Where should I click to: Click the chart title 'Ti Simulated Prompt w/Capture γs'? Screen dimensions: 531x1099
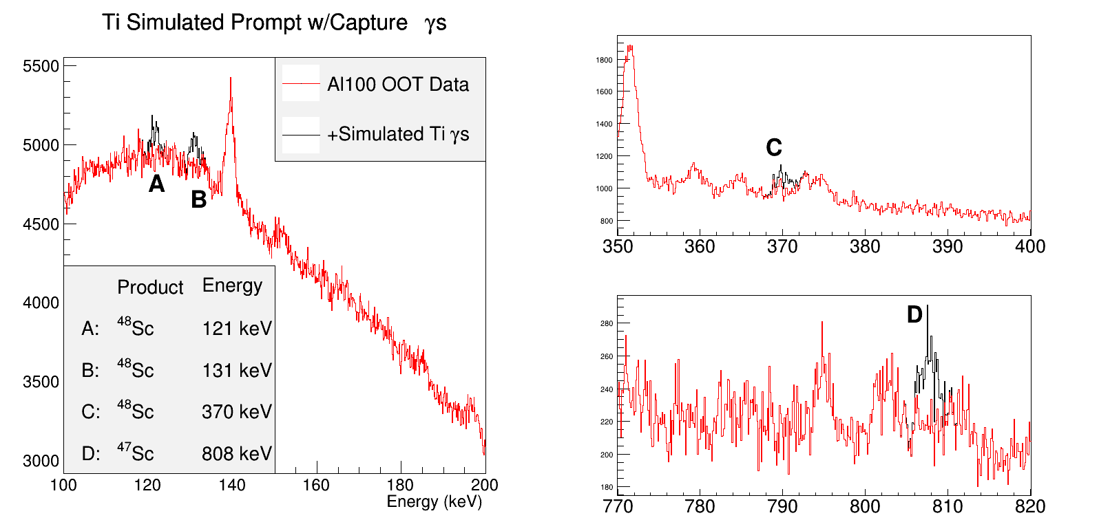tap(274, 23)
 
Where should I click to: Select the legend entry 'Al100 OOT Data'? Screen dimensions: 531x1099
tap(397, 85)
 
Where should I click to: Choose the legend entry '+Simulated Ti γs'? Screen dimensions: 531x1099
tap(397, 134)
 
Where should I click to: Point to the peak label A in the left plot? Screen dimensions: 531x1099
tap(157, 184)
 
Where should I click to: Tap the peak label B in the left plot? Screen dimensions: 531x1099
tap(198, 199)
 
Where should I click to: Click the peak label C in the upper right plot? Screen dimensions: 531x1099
tap(774, 147)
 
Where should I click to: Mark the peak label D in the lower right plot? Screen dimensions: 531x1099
tap(914, 314)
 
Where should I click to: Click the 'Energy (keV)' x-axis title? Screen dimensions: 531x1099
tap(434, 501)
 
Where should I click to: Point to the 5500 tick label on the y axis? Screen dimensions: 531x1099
tap(41, 66)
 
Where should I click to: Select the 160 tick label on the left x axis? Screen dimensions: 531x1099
tap(316, 485)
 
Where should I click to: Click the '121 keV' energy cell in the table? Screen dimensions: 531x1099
tap(237, 329)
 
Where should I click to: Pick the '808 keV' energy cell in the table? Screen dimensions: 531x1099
tap(237, 454)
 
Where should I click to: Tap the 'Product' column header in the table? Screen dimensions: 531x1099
tap(150, 287)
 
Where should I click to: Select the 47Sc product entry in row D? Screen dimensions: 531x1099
tap(135, 453)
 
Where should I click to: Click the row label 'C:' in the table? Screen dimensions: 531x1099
tap(91, 412)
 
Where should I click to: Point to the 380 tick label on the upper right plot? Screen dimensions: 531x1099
tap(865, 246)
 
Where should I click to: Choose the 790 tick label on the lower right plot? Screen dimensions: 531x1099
tap(782, 506)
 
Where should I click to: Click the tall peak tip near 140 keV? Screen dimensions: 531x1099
tap(231, 78)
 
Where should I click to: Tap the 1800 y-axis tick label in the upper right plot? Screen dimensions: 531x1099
tap(604, 60)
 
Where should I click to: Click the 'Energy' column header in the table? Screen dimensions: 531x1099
tap(232, 285)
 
